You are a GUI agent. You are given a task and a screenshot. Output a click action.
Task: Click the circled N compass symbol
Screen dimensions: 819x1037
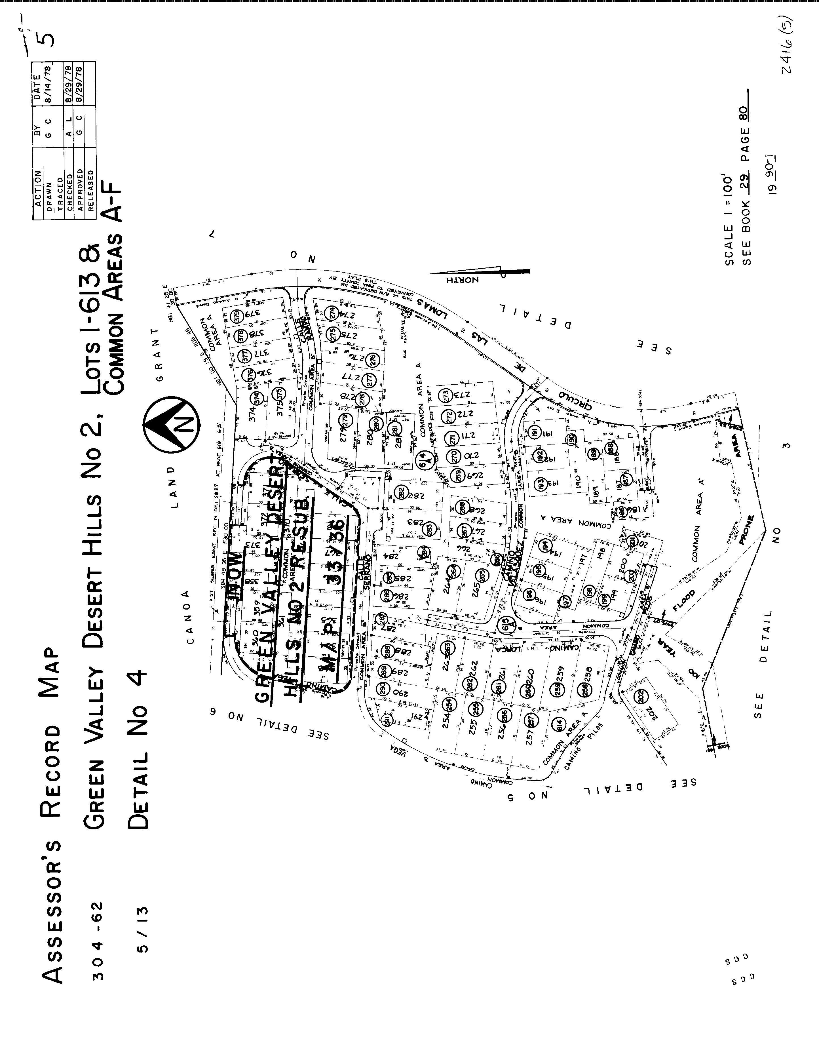pos(172,423)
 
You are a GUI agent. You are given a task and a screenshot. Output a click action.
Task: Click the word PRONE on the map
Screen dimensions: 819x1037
pos(747,530)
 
